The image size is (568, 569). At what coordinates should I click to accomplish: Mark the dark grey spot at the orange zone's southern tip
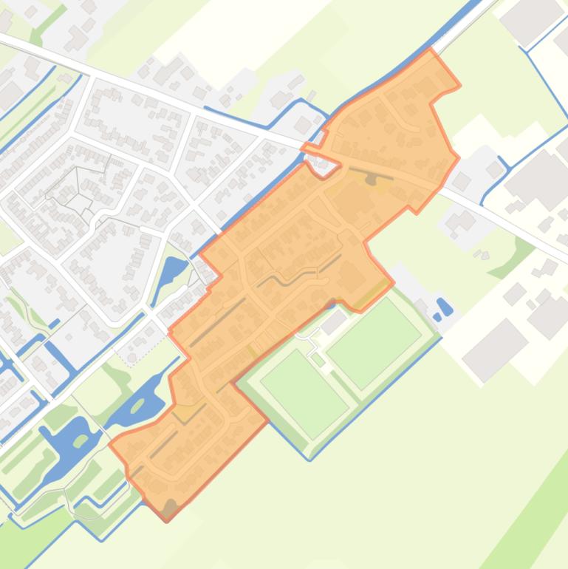(171, 508)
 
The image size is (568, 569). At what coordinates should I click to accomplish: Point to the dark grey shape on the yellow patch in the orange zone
(371, 180)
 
